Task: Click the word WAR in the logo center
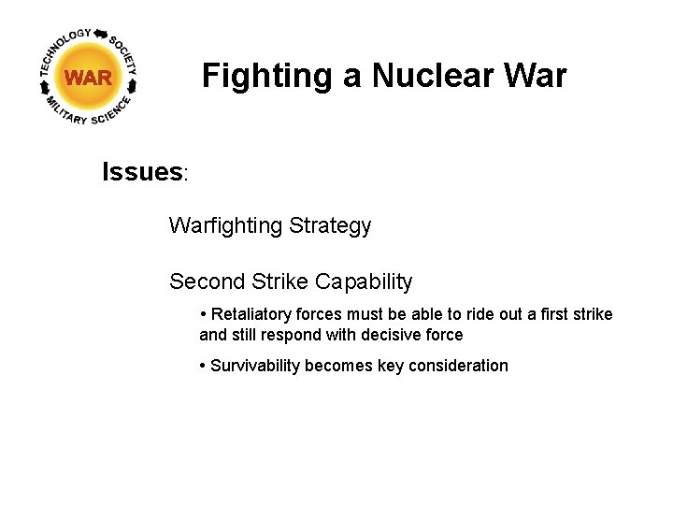point(88,78)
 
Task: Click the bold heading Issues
point(143,172)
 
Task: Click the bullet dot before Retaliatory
point(203,314)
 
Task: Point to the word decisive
point(390,335)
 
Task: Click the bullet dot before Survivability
point(203,366)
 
